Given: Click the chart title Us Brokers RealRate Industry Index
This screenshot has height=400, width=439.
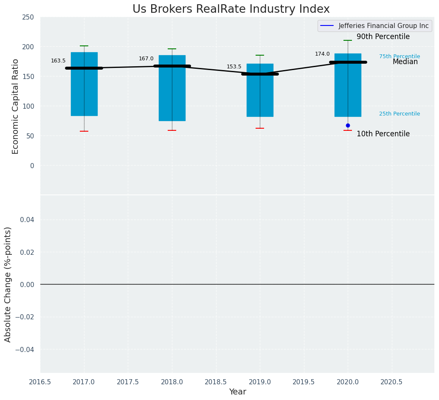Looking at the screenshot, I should pyautogui.click(x=231, y=9).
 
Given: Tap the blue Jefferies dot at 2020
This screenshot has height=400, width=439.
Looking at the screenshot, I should pyautogui.click(x=348, y=125).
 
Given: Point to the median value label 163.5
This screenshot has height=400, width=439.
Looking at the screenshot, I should pyautogui.click(x=58, y=61).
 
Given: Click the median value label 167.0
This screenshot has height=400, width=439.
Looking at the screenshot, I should pyautogui.click(x=146, y=59).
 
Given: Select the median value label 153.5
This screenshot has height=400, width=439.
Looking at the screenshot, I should pyautogui.click(x=234, y=67).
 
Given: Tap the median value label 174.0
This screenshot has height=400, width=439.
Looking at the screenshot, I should pyautogui.click(x=322, y=54).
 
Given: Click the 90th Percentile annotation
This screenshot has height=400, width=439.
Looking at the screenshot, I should pyautogui.click(x=383, y=37).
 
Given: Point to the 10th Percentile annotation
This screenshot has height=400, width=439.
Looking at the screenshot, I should pyautogui.click(x=383, y=134).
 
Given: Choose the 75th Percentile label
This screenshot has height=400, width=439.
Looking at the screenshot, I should pyautogui.click(x=399, y=56).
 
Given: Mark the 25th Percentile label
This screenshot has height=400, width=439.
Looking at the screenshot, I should pyautogui.click(x=399, y=114).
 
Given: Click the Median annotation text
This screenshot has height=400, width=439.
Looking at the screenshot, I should pyautogui.click(x=405, y=62).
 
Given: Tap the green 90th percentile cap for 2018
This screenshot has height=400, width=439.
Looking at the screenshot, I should pyautogui.click(x=172, y=49).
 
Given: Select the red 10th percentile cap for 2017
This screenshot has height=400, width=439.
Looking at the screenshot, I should pyautogui.click(x=84, y=131).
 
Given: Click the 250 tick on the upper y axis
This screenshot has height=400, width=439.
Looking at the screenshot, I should pyautogui.click(x=28, y=17).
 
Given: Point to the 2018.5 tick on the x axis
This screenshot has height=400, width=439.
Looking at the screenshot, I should pyautogui.click(x=216, y=382).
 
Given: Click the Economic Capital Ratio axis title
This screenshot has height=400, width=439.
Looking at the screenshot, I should pyautogui.click(x=16, y=106).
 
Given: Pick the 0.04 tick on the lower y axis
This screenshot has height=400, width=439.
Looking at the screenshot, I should pyautogui.click(x=27, y=220).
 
